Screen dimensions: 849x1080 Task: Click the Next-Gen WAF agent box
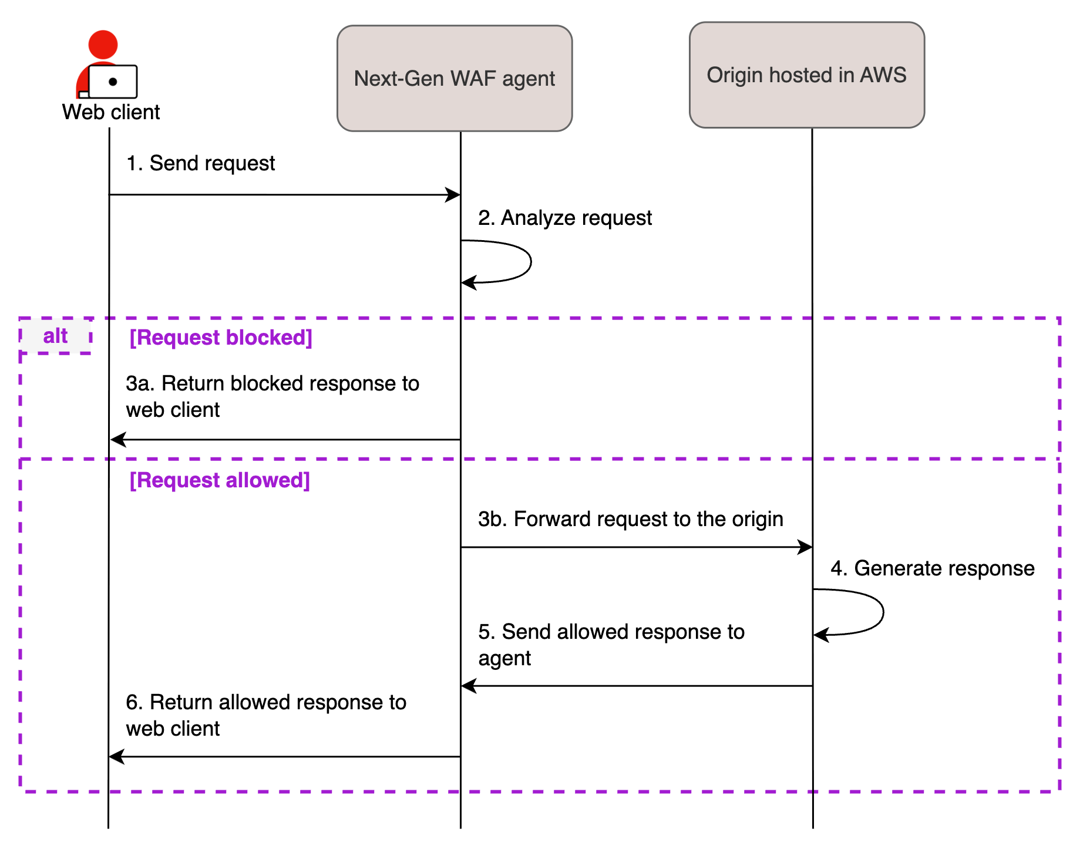pos(454,78)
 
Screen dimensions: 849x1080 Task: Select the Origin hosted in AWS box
pos(806,75)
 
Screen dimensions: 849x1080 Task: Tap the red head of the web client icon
pos(103,45)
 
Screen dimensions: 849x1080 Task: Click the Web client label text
pos(111,112)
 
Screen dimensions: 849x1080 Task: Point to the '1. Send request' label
pos(200,163)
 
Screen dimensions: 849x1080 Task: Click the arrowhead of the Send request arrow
pos(453,195)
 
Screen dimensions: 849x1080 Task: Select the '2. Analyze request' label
pos(564,218)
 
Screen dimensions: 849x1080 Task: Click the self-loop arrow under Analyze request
pos(530,261)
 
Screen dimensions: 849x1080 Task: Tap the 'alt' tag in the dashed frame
pos(55,336)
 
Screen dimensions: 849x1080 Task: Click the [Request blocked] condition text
pos(221,338)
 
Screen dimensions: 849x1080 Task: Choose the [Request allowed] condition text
pos(220,480)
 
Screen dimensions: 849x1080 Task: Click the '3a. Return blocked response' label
pos(272,396)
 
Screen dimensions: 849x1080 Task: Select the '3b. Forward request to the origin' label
pos(630,519)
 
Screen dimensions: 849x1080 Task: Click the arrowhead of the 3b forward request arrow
pos(805,547)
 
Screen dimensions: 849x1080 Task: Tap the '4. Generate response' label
pos(932,568)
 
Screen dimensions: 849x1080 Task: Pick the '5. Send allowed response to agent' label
pos(611,645)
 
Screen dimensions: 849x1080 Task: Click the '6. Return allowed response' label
pos(265,715)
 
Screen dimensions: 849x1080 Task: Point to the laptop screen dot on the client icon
pos(113,82)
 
